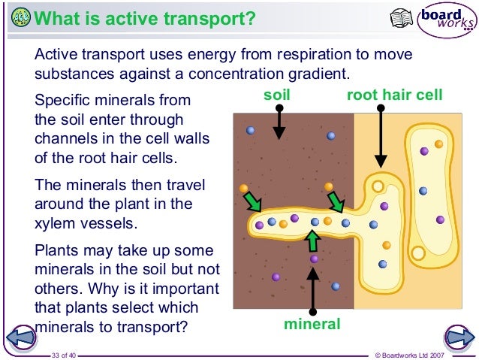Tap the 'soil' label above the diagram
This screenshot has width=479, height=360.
(x=277, y=95)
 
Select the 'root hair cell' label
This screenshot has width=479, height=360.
(x=395, y=95)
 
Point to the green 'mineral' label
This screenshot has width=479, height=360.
(x=312, y=324)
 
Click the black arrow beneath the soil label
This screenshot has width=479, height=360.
(x=279, y=122)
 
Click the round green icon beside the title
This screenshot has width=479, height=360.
(x=22, y=17)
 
